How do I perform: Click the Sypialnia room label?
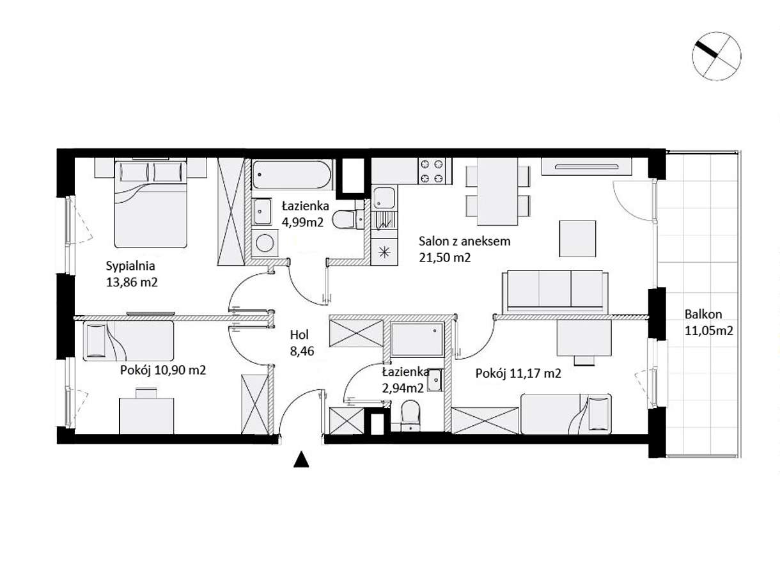pyautogui.click(x=130, y=265)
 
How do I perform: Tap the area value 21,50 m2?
pyautogui.click(x=444, y=258)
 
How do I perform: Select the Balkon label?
pyautogui.click(x=703, y=314)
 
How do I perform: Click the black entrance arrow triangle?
pyautogui.click(x=301, y=460)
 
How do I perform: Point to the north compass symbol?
pyautogui.click(x=716, y=56)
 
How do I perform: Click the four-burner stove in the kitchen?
pyautogui.click(x=431, y=171)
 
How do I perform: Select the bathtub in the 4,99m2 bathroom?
pyautogui.click(x=292, y=175)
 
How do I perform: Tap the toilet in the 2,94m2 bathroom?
pyautogui.click(x=410, y=416)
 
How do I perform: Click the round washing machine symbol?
pyautogui.click(x=265, y=243)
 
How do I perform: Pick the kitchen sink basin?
pyautogui.click(x=384, y=198)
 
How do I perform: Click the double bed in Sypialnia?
pyautogui.click(x=150, y=203)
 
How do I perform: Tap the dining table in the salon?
pyautogui.click(x=497, y=191)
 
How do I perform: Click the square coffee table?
pyautogui.click(x=577, y=238)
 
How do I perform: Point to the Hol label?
pyautogui.click(x=299, y=334)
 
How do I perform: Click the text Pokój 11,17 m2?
pyautogui.click(x=518, y=373)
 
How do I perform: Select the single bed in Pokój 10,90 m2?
pyautogui.click(x=129, y=341)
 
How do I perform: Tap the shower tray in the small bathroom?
pyautogui.click(x=417, y=339)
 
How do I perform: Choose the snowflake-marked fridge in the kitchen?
pyautogui.click(x=384, y=252)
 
